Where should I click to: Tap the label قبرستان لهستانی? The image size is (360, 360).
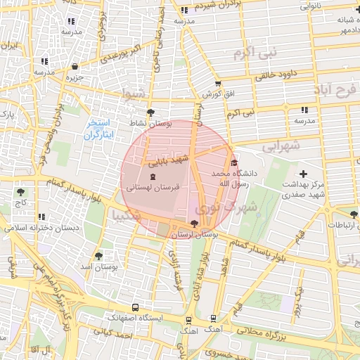(153, 188)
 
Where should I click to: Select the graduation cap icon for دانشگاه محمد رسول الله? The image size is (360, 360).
(235, 162)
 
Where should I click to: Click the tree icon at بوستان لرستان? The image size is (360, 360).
(194, 223)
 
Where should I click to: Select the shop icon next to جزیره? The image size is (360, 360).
(75, 67)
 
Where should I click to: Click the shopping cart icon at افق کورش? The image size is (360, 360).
(218, 84)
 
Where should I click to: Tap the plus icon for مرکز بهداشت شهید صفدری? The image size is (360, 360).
(303, 174)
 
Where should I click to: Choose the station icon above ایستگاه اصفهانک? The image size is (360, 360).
(136, 307)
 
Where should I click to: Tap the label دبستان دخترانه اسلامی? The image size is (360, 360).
(33, 228)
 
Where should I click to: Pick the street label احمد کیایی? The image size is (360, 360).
(116, 336)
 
